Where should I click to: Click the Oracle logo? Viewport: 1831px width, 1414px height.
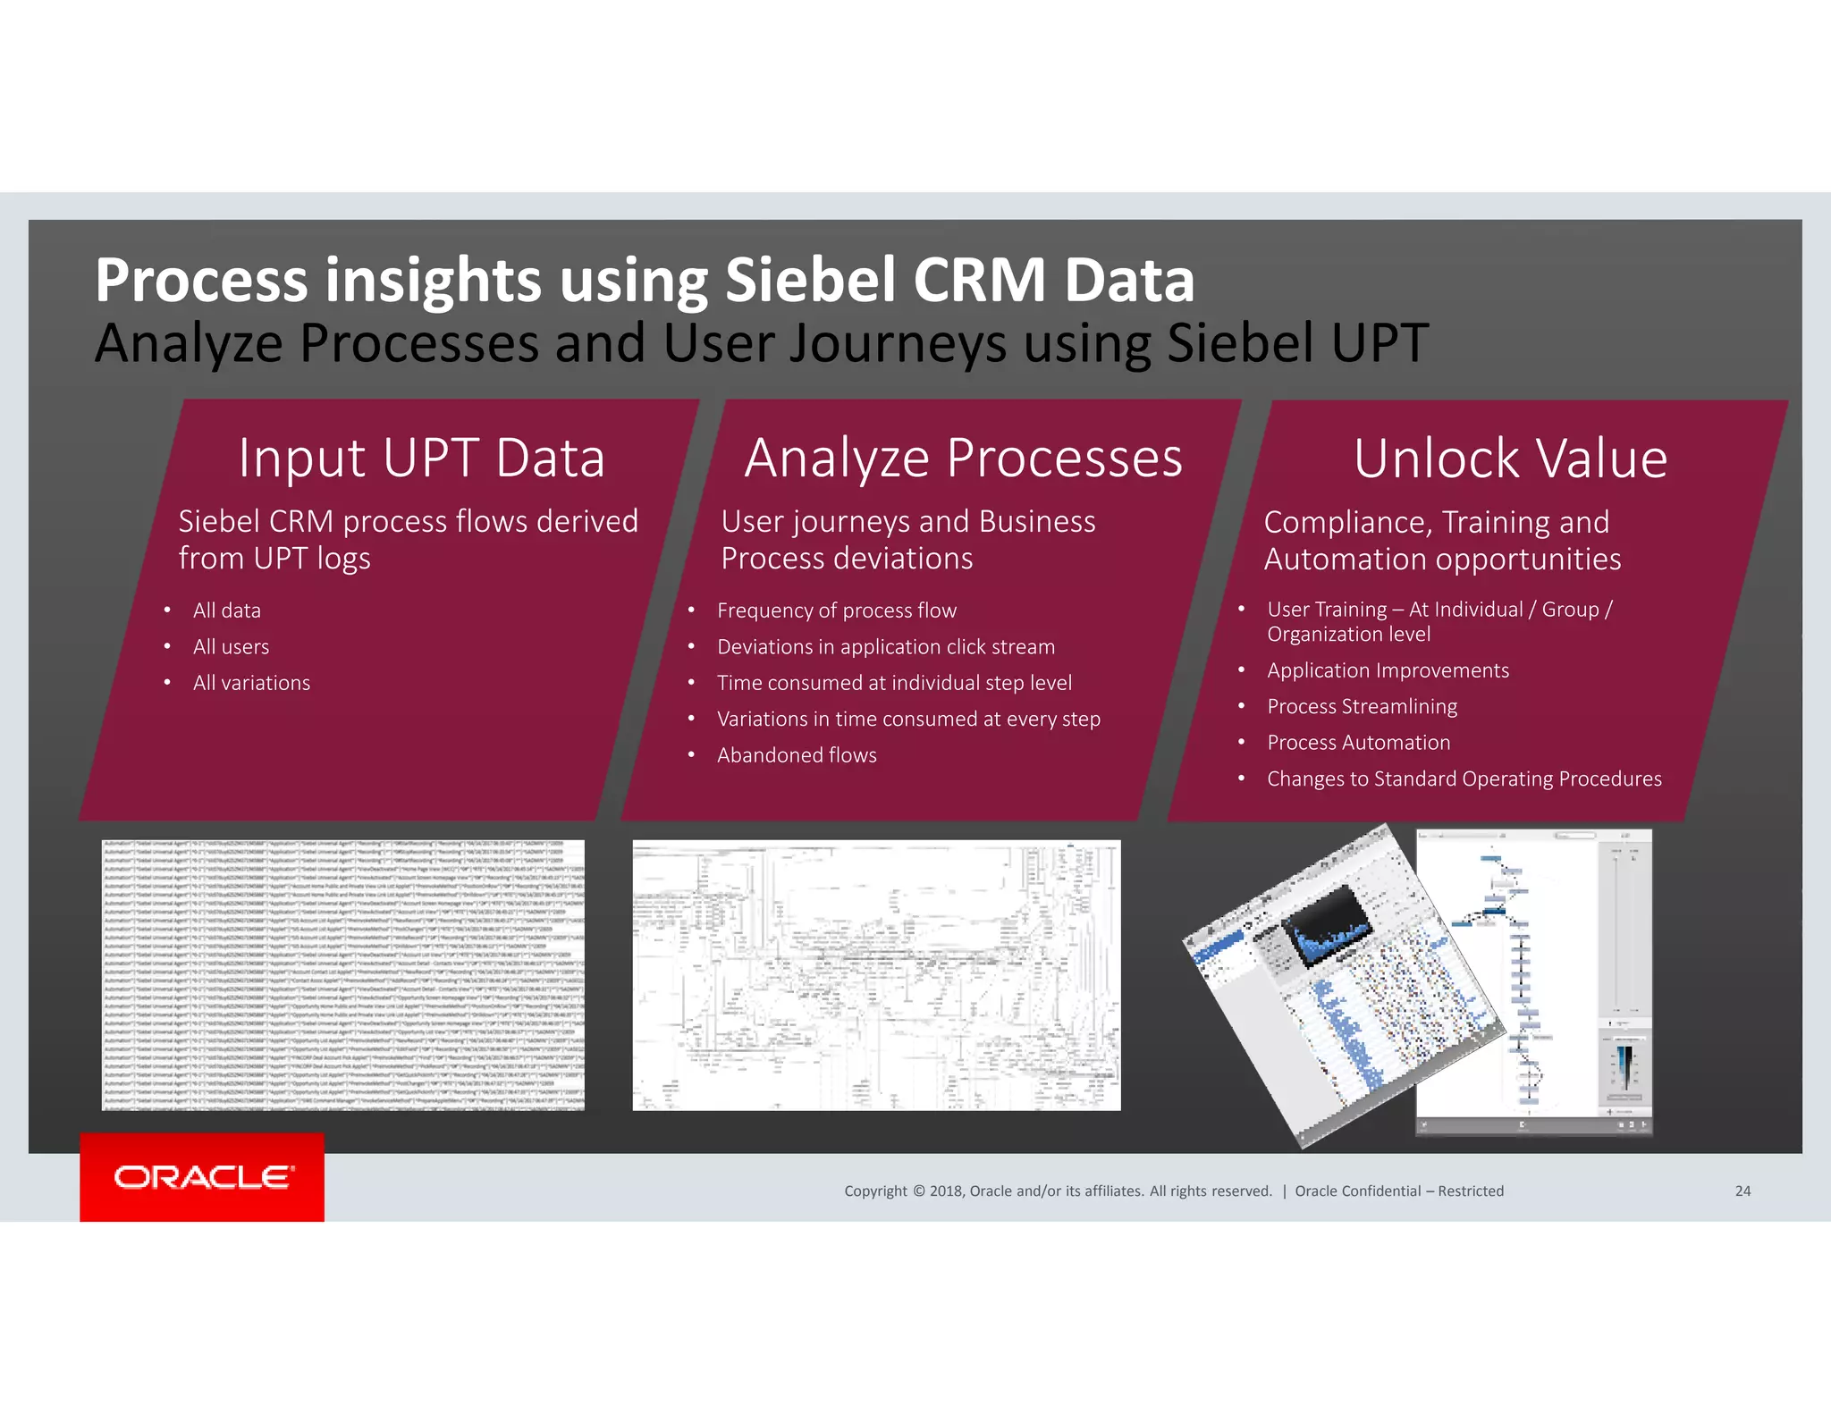(202, 1177)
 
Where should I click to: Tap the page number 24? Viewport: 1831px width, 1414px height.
(1742, 1191)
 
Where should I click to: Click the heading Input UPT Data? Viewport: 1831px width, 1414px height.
(421, 459)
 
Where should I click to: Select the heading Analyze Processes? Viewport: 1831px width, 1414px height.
(963, 459)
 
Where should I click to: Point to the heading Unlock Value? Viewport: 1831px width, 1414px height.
(1510, 459)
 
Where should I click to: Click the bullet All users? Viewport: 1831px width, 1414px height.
(231, 647)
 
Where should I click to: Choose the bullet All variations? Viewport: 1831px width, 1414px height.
(251, 683)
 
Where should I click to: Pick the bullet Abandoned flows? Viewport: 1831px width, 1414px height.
(796, 755)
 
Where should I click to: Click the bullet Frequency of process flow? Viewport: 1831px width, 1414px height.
(836, 610)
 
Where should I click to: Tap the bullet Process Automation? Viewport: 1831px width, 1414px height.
(1358, 743)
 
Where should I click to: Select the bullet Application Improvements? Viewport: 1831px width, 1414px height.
(1388, 670)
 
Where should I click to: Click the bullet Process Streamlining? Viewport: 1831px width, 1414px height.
(1362, 707)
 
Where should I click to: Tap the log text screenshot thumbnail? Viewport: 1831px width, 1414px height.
(342, 974)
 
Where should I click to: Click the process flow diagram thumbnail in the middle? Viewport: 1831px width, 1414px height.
(876, 974)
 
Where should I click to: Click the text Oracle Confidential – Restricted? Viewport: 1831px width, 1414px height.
(1398, 1191)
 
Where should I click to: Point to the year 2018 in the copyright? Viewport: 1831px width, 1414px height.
(945, 1191)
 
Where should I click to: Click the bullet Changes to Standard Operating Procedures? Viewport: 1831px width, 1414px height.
(1464, 779)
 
